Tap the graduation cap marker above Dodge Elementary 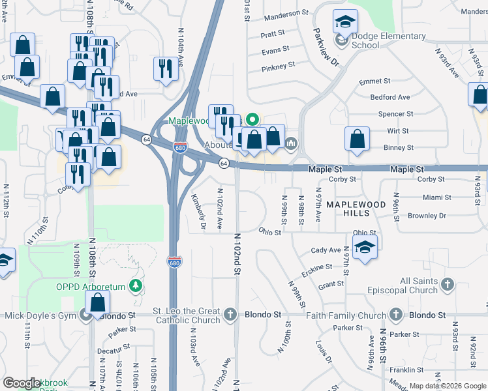[345, 22]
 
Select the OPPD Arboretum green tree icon [135, 285]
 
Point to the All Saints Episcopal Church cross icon [447, 284]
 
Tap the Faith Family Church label [339, 315]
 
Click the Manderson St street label [286, 13]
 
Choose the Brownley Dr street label [426, 216]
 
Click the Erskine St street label [317, 268]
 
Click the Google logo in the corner [22, 383]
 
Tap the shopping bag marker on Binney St [357, 139]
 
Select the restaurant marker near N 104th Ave [164, 68]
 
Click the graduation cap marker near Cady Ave [365, 248]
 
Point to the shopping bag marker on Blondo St [97, 302]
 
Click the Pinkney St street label [279, 67]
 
